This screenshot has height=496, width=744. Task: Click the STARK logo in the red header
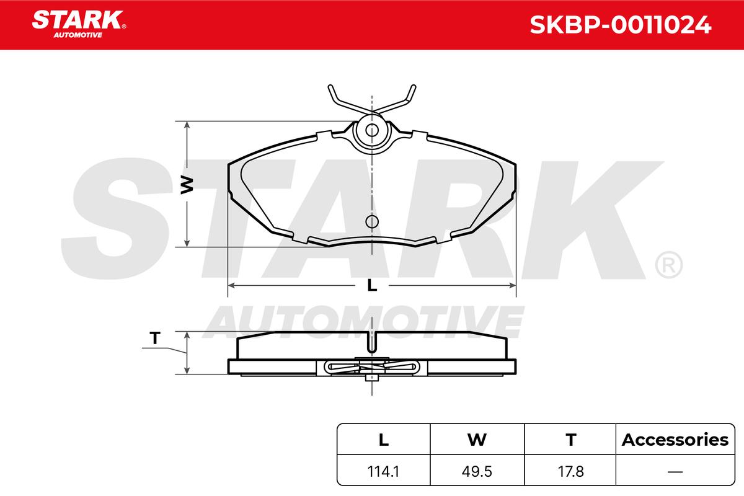click(x=79, y=24)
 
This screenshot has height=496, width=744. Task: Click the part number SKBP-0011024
click(x=621, y=25)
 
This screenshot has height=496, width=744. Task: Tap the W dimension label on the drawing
click(x=187, y=185)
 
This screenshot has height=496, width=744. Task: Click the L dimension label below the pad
click(x=372, y=285)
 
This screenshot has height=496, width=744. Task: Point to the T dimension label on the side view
click(x=155, y=338)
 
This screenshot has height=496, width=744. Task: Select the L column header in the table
click(x=384, y=440)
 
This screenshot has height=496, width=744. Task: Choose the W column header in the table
click(x=477, y=440)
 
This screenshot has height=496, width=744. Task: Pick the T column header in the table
click(x=571, y=440)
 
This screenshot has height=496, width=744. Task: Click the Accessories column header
click(x=675, y=440)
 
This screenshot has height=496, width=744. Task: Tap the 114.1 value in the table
click(x=383, y=472)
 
